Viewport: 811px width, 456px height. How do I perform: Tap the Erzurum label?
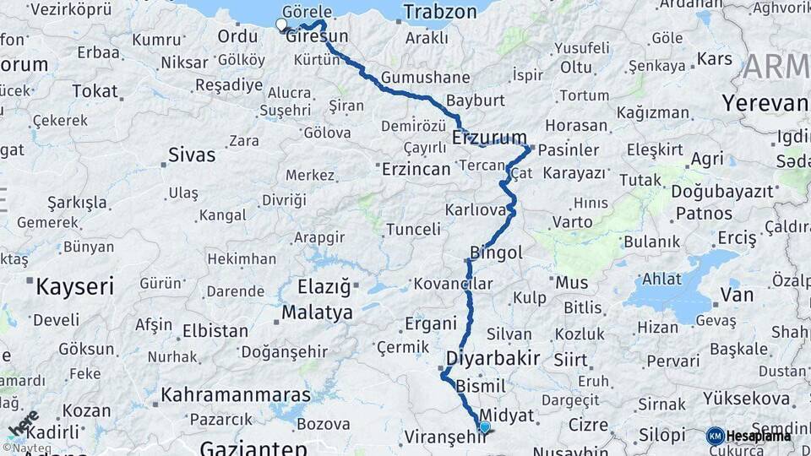(489, 137)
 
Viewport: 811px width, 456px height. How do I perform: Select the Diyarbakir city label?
(499, 357)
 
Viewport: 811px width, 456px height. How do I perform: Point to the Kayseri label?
(74, 285)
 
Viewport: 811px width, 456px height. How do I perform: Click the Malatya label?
(317, 312)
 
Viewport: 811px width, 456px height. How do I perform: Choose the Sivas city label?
(192, 155)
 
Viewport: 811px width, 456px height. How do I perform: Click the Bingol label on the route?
(498, 252)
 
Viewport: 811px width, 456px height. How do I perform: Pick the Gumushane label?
(425, 78)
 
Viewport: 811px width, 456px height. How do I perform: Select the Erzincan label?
(416, 169)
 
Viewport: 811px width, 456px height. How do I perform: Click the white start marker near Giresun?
(281, 24)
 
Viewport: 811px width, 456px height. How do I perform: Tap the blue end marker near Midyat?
(484, 427)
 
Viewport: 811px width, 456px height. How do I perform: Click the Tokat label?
(95, 90)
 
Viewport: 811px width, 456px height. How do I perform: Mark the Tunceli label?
(413, 229)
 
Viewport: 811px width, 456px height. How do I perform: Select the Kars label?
(715, 59)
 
